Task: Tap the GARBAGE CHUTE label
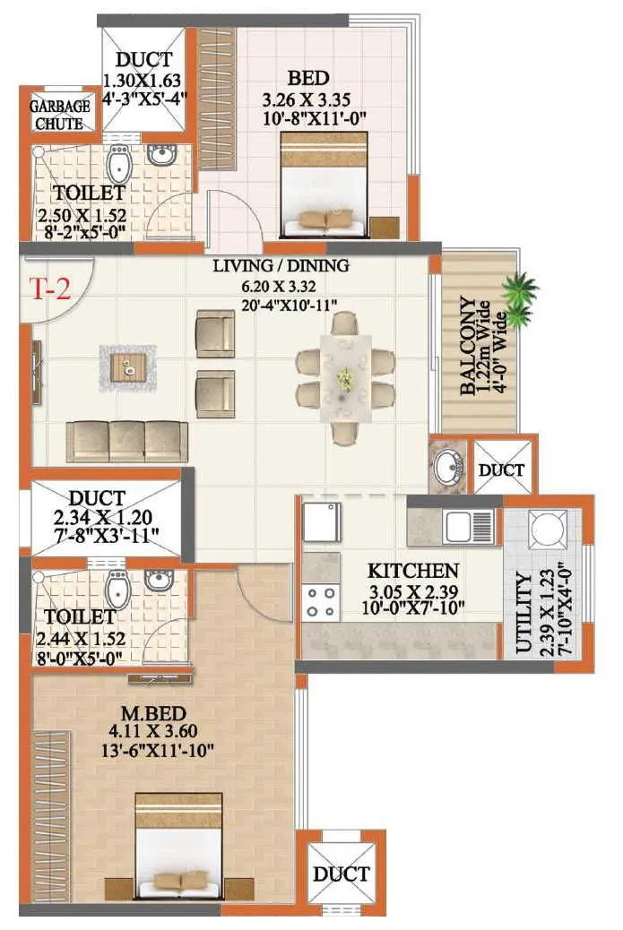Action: (x=61, y=114)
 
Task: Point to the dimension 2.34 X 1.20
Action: (x=99, y=518)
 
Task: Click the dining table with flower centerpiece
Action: (x=346, y=379)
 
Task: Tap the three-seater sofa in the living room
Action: (x=127, y=441)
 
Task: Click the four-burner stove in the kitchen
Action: (x=321, y=602)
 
